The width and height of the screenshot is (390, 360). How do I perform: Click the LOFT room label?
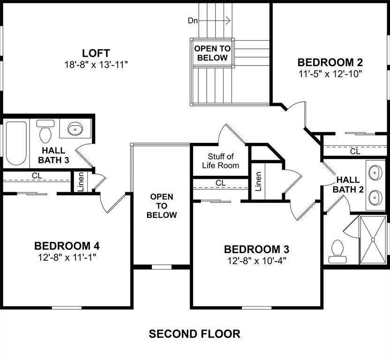tap(96, 52)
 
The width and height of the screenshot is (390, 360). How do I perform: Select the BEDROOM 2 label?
tap(330, 62)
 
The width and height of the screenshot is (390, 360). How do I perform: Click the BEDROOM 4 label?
tap(67, 246)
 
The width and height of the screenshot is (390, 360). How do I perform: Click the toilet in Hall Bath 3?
tap(45, 133)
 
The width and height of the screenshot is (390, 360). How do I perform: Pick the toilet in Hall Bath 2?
tap(337, 251)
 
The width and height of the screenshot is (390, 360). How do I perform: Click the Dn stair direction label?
tap(193, 20)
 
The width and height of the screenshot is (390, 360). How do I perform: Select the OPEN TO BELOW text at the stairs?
tap(212, 53)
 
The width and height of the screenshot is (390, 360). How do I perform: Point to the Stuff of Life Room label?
tap(220, 161)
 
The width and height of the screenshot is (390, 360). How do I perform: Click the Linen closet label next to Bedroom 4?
tap(80, 182)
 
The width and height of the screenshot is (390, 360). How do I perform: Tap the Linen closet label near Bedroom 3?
tap(258, 181)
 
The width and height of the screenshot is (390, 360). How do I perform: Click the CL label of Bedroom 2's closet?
tap(355, 151)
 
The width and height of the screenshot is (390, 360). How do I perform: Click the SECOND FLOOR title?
tap(195, 334)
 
